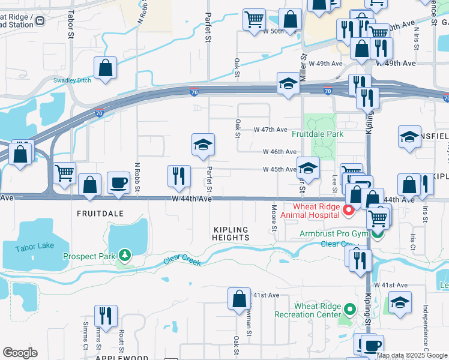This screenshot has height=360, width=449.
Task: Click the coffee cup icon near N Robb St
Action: pyautogui.click(x=118, y=182)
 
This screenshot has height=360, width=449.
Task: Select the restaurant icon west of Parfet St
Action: pyautogui.click(x=179, y=176)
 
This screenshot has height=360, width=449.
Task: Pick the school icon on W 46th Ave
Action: pyautogui.click(x=203, y=144)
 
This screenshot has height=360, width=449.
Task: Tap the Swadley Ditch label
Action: pyautogui.click(x=72, y=80)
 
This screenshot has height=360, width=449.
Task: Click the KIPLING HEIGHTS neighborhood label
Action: pyautogui.click(x=231, y=233)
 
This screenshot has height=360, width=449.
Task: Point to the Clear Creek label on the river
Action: pyautogui.click(x=183, y=261)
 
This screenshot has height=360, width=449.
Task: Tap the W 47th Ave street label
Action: pyautogui.click(x=271, y=130)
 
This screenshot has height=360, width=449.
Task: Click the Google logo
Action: pyautogui.click(x=20, y=353)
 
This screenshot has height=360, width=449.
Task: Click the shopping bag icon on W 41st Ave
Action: pyautogui.click(x=239, y=298)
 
